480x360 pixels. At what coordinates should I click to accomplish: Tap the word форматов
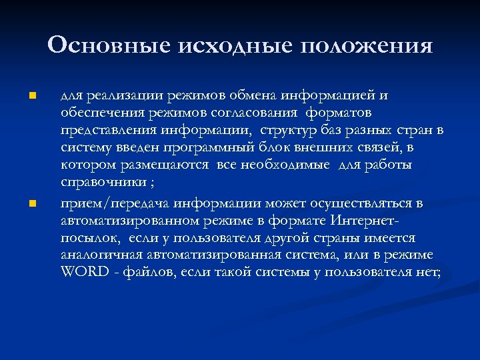pos(341,113)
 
